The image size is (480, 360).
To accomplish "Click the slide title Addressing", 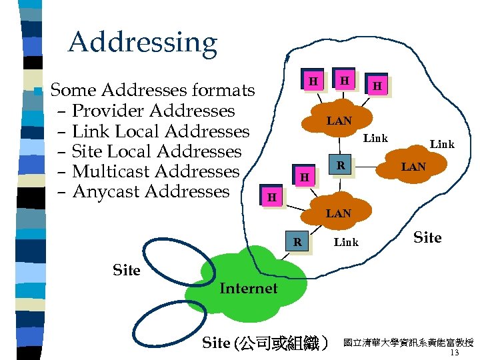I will [142, 43].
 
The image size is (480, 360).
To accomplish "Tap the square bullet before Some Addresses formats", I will [38, 91].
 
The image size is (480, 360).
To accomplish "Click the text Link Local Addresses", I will [160, 131].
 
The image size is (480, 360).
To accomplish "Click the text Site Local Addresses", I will [156, 151].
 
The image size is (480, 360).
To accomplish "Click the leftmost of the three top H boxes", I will [311, 81].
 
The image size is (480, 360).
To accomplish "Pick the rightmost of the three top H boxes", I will [377, 85].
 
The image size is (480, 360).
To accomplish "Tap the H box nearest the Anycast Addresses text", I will [271, 198].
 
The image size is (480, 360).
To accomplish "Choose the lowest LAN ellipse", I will [338, 214].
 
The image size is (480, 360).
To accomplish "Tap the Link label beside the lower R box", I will [346, 243].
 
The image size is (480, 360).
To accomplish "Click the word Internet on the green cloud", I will [248, 289].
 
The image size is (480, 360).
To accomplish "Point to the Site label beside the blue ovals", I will [127, 270].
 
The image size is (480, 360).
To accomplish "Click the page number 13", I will [455, 353].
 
